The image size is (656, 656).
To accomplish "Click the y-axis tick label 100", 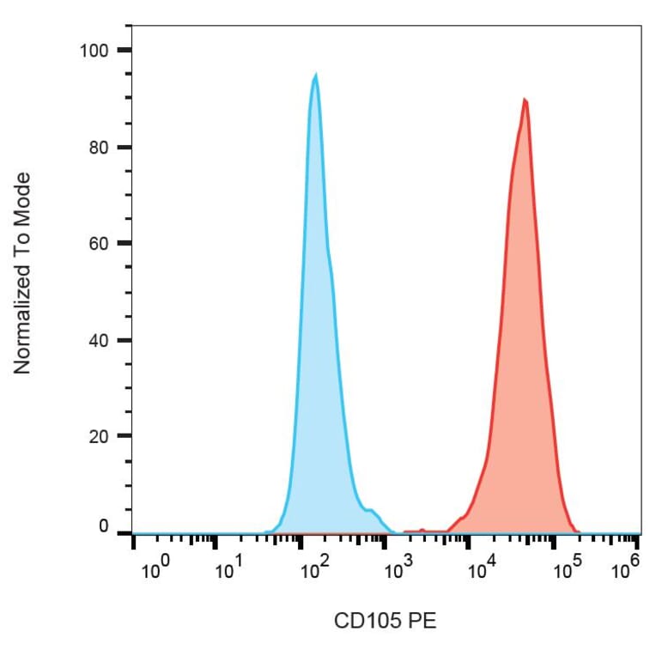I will pyautogui.click(x=95, y=50).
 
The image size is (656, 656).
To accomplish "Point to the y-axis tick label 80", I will pyautogui.click(x=100, y=147).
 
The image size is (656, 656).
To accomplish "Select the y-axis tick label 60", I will pyautogui.click(x=100, y=243).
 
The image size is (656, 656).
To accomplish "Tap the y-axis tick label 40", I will pyautogui.click(x=100, y=340).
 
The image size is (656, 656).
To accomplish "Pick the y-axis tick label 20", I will pyautogui.click(x=100, y=436).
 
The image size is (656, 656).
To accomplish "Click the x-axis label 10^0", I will pyautogui.click(x=153, y=569).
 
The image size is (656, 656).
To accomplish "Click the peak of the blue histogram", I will pyautogui.click(x=315, y=75).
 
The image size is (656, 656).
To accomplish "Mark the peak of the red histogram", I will pyautogui.click(x=524, y=100).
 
